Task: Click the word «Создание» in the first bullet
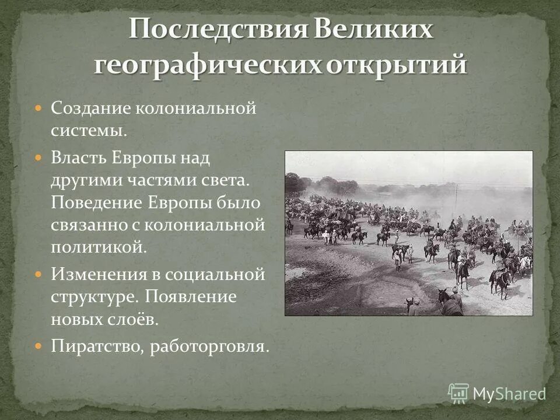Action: click(90, 108)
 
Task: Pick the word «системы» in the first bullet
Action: click(87, 131)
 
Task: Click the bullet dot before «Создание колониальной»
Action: click(38, 108)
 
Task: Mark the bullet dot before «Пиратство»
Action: click(38, 346)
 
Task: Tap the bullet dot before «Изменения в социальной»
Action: click(38, 274)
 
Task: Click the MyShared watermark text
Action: click(509, 393)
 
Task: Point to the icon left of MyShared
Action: click(459, 393)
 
